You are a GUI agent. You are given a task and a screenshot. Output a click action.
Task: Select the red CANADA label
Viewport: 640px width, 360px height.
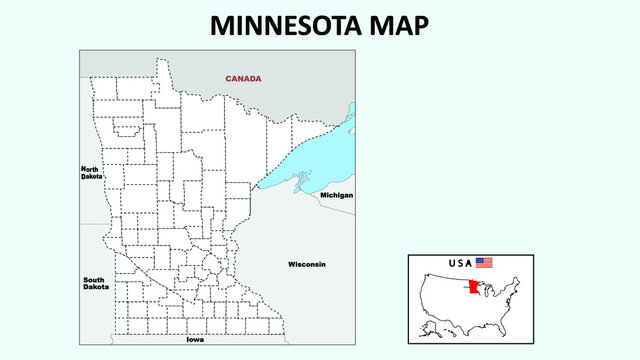pyautogui.click(x=243, y=78)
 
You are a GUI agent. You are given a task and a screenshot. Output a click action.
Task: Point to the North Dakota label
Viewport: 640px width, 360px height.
pyautogui.click(x=91, y=172)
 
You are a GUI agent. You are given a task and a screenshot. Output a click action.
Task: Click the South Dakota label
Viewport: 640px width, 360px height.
pyautogui.click(x=95, y=283)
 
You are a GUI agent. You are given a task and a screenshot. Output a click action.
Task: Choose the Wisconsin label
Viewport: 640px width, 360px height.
pyautogui.click(x=307, y=264)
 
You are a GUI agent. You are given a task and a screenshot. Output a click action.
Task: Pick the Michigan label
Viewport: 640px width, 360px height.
pyautogui.click(x=336, y=195)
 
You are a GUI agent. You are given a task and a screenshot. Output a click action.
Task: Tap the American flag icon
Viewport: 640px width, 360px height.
pyautogui.click(x=484, y=262)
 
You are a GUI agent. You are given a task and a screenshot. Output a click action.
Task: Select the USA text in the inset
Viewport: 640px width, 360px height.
pyautogui.click(x=460, y=263)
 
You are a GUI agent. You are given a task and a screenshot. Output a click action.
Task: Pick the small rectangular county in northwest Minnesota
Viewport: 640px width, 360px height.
pyautogui.click(x=126, y=129)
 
